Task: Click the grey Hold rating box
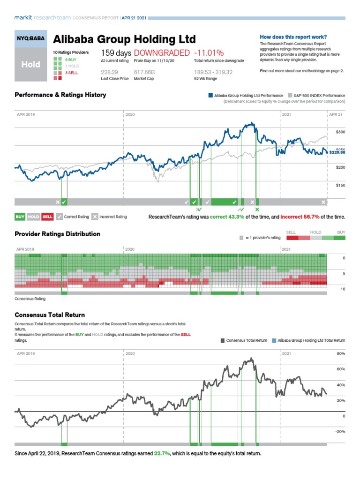31,65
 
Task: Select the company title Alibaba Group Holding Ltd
124,39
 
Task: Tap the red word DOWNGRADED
162,53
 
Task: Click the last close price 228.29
109,72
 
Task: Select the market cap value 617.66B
145,72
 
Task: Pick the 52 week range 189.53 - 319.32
213,72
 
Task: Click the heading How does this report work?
293,37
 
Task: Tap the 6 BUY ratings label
71,60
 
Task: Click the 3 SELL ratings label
71,73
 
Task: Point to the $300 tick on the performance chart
340,132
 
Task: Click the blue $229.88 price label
337,152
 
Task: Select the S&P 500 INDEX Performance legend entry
319,95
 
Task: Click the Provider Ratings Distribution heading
57,234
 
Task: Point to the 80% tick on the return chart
341,353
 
